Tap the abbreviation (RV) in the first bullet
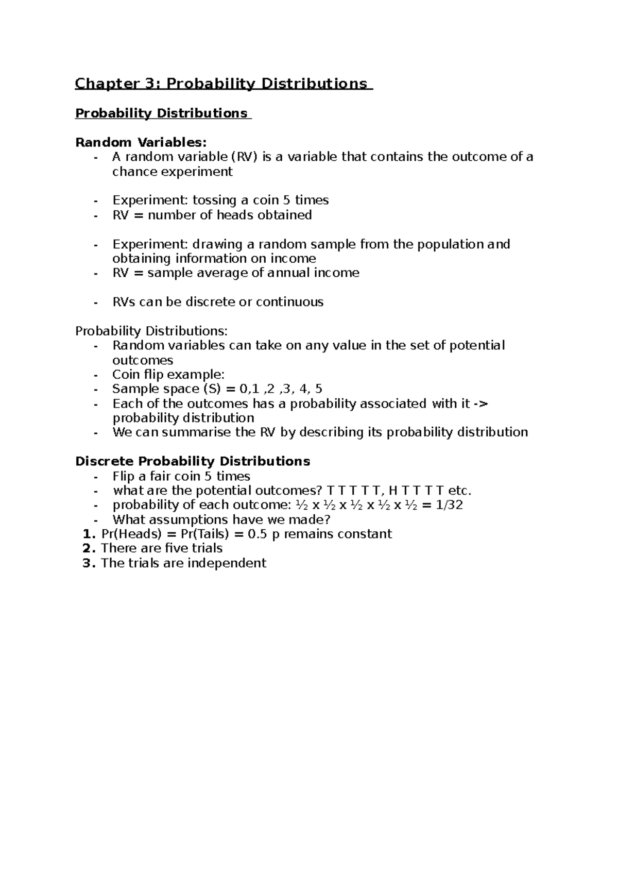(x=243, y=157)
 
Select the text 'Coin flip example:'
(x=168, y=375)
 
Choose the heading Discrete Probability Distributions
(x=193, y=461)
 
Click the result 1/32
(x=449, y=505)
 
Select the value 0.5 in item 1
(x=257, y=534)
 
